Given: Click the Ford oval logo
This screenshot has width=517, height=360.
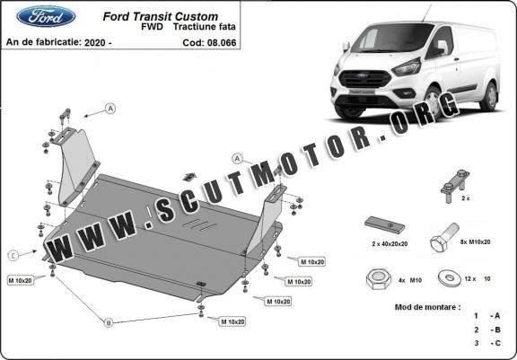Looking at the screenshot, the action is [46, 16].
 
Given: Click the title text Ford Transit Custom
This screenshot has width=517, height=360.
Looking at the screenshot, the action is [161, 16].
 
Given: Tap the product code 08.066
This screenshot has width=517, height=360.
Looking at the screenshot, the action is [222, 43].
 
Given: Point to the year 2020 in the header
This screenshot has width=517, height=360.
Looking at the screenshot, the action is [95, 42].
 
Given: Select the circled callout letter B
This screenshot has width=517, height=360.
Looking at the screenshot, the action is [109, 323].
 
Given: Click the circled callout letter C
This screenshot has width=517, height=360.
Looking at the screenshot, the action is [13, 256].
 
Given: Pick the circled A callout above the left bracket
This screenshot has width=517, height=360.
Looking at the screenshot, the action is [110, 108].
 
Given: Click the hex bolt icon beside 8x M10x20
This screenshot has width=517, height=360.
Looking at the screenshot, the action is [444, 238].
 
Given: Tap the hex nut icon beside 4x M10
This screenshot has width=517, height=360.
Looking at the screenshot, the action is [379, 279].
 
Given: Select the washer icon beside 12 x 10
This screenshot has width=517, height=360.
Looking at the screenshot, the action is [450, 278].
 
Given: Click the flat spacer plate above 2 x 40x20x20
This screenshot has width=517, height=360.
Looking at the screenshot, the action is [384, 225].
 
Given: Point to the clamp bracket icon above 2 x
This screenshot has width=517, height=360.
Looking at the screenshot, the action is [455, 186].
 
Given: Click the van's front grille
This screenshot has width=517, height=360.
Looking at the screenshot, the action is [364, 79].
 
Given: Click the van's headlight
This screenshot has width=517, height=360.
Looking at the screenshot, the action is [407, 67].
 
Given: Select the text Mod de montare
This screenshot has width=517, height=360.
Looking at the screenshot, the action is [427, 307].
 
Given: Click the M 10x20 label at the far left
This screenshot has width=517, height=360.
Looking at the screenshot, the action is [21, 281].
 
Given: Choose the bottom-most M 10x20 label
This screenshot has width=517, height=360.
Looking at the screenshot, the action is [232, 321].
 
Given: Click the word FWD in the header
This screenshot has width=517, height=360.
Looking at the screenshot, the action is [152, 27].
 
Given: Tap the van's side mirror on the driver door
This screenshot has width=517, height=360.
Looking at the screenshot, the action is [442, 48].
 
